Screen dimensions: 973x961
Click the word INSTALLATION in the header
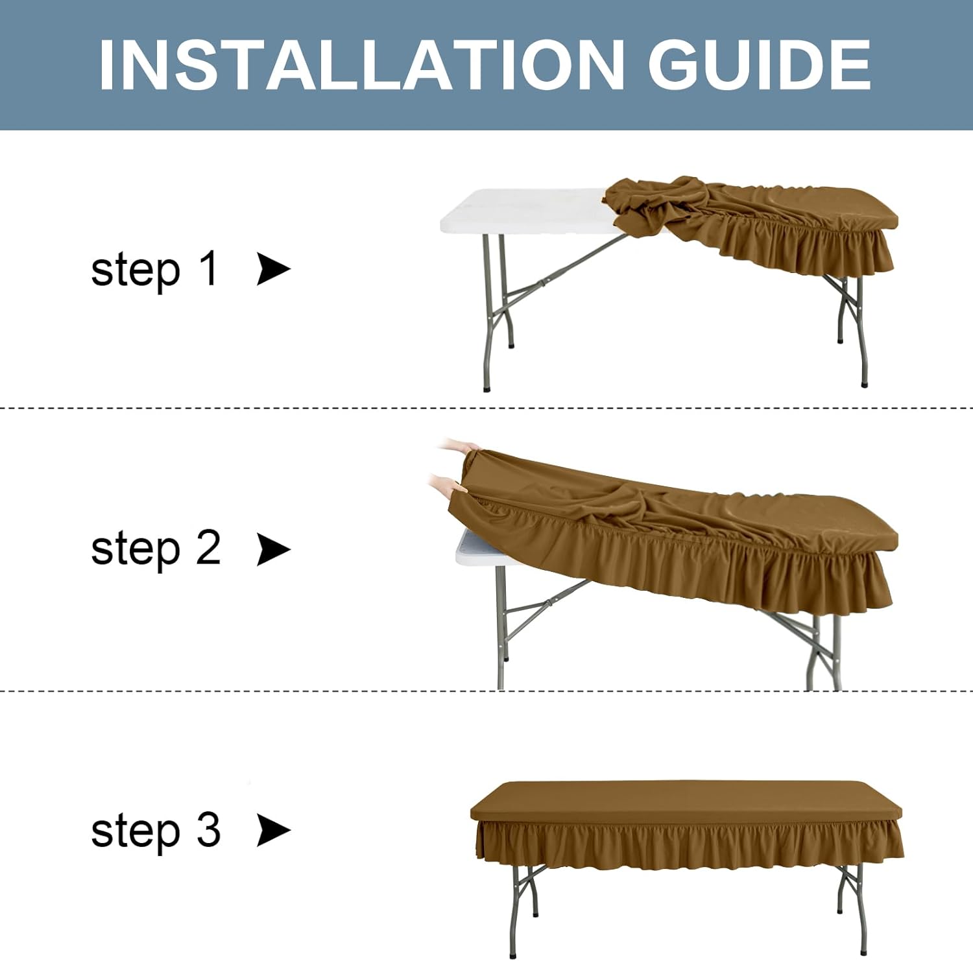[x=361, y=65]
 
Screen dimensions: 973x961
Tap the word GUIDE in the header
[x=759, y=65]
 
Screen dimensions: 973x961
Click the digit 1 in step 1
[x=208, y=268]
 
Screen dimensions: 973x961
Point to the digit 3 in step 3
[x=208, y=829]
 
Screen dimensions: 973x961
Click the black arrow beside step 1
[x=273, y=269]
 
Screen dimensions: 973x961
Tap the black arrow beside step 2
[x=273, y=549]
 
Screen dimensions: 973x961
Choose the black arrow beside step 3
[x=273, y=830]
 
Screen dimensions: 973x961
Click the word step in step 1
[x=136, y=271]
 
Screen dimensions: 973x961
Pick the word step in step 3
[x=136, y=832]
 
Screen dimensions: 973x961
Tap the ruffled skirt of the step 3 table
[x=690, y=843]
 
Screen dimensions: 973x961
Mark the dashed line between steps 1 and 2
[x=486, y=408]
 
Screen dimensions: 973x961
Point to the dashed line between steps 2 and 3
[x=486, y=691]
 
